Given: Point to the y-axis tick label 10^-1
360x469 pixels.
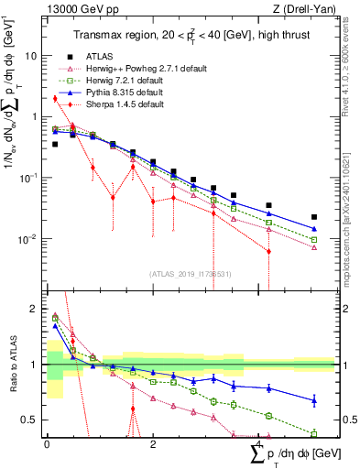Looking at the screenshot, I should (29, 178).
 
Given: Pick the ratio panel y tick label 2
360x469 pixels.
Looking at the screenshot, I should (37, 309).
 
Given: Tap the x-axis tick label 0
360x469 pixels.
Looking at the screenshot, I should (47, 442).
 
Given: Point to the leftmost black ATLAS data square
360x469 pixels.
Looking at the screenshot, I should (55, 144).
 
